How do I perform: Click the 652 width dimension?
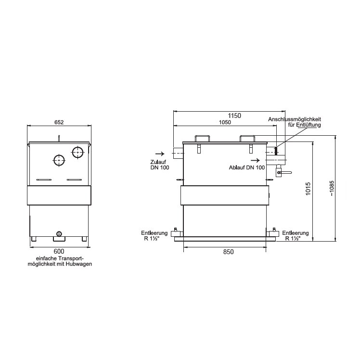[59, 122]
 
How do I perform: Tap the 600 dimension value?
[59, 252]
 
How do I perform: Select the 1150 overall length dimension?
[234, 116]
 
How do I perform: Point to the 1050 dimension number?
[225, 122]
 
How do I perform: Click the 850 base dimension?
[229, 252]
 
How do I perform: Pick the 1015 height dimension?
[308, 189]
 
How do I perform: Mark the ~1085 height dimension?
[332, 188]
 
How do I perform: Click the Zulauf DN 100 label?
[160, 165]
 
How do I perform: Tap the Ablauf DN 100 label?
[247, 167]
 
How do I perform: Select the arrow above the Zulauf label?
[160, 154]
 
